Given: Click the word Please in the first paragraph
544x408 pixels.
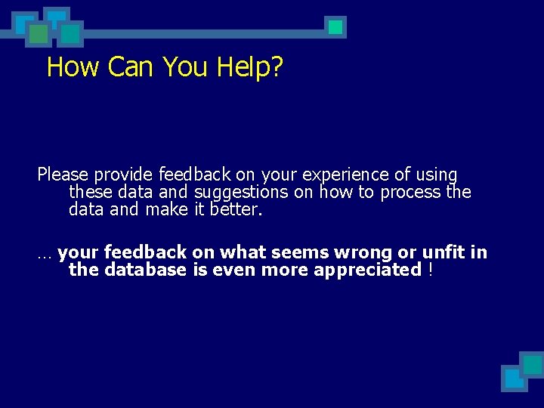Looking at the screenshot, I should tap(63, 175).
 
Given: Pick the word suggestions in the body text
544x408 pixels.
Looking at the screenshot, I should tap(242, 193).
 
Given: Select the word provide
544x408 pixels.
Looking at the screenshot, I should tap(125, 175).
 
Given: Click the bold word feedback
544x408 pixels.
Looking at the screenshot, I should tap(145, 252).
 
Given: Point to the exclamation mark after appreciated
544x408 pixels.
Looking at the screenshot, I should tap(430, 269).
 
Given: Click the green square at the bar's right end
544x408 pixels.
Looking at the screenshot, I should tap(335, 27).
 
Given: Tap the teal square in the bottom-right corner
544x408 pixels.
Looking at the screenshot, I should tap(532, 364).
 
